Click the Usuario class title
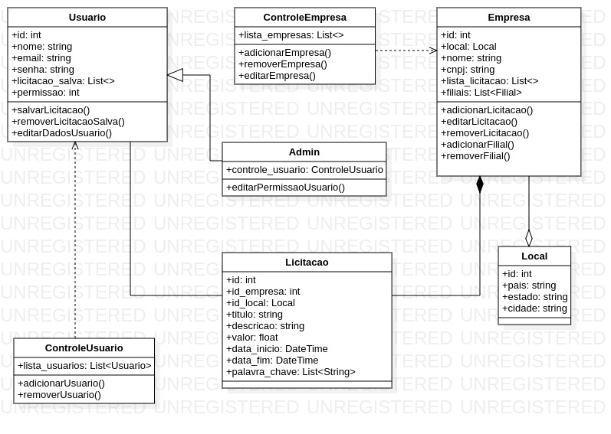pyautogui.click(x=87, y=17)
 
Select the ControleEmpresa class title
pyautogui.click(x=304, y=17)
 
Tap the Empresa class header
pyautogui.click(x=508, y=17)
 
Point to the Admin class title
pyautogui.click(x=304, y=152)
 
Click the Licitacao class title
pyautogui.click(x=307, y=262)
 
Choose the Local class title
pyautogui.click(x=534, y=256)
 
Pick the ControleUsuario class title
pyautogui.click(x=84, y=348)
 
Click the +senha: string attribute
pyautogui.click(x=43, y=70)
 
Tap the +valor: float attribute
pyautogui.click(x=252, y=338)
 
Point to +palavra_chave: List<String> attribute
pyautogui.click(x=291, y=372)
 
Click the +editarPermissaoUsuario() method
pyautogui.click(x=285, y=188)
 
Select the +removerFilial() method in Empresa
pyautogui.click(x=475, y=156)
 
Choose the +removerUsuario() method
pyautogui.click(x=59, y=395)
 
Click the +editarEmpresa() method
pyautogui.click(x=277, y=76)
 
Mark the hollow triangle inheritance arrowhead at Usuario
pyautogui.click(x=176, y=75)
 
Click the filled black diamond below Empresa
pyautogui.click(x=480, y=184)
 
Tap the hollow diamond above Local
pyautogui.click(x=529, y=238)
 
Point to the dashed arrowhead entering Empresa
pyautogui.click(x=432, y=51)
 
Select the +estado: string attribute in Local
pyautogui.click(x=534, y=297)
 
